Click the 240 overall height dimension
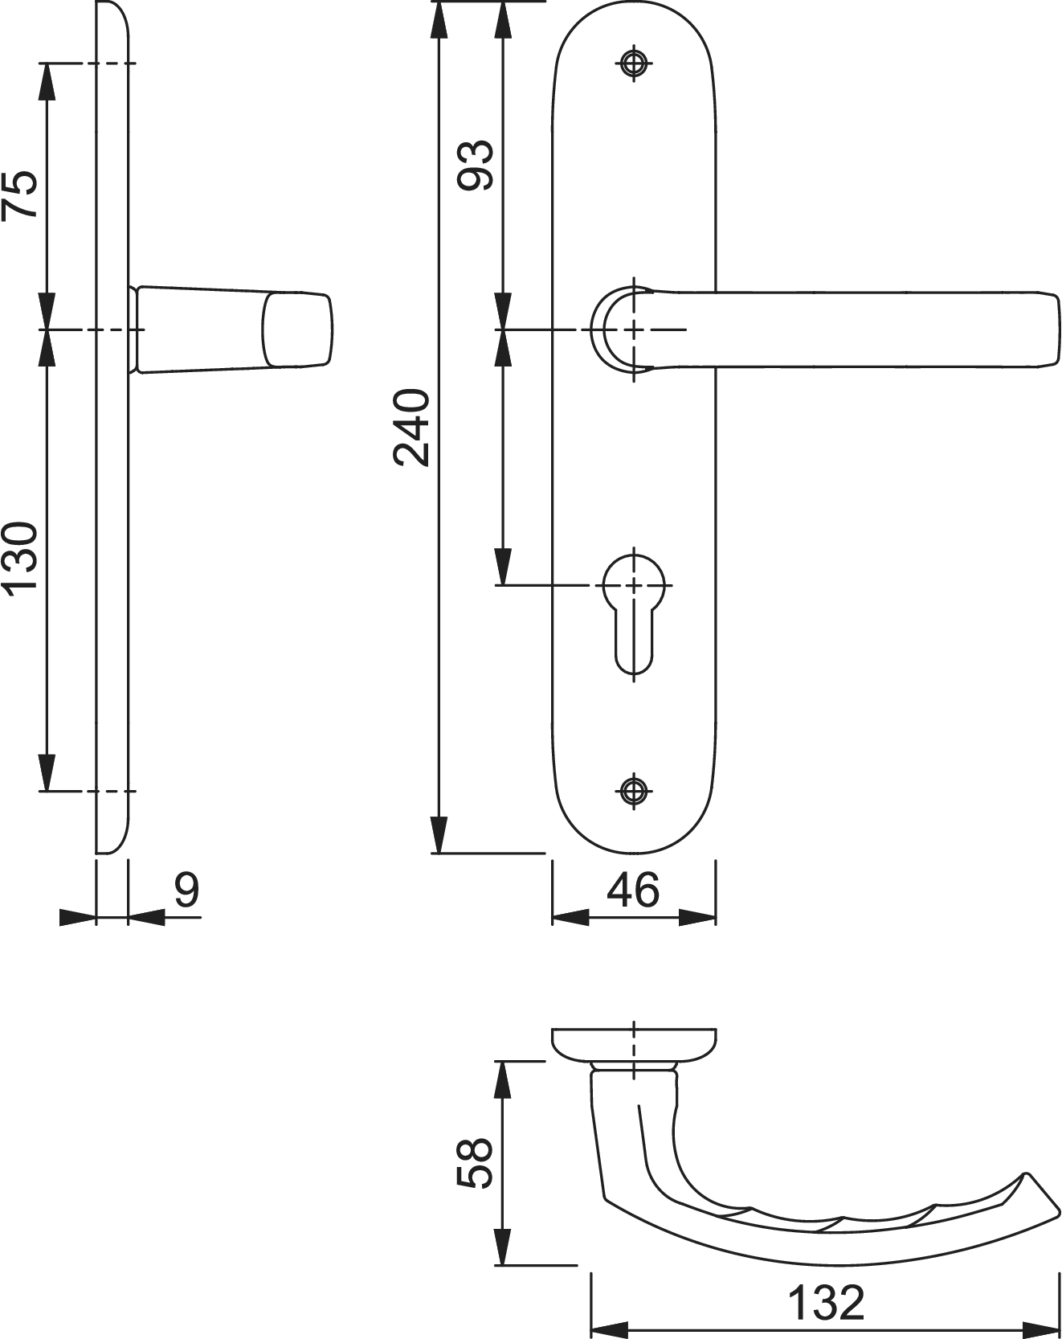pyautogui.click(x=413, y=428)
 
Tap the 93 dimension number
pyautogui.click(x=476, y=165)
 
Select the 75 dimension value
pyautogui.click(x=20, y=194)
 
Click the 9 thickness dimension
pyautogui.click(x=186, y=890)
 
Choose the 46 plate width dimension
pyautogui.click(x=633, y=890)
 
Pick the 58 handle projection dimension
pyautogui.click(x=476, y=1163)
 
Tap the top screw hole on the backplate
pyautogui.click(x=634, y=64)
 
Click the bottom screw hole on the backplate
pyautogui.click(x=634, y=790)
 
